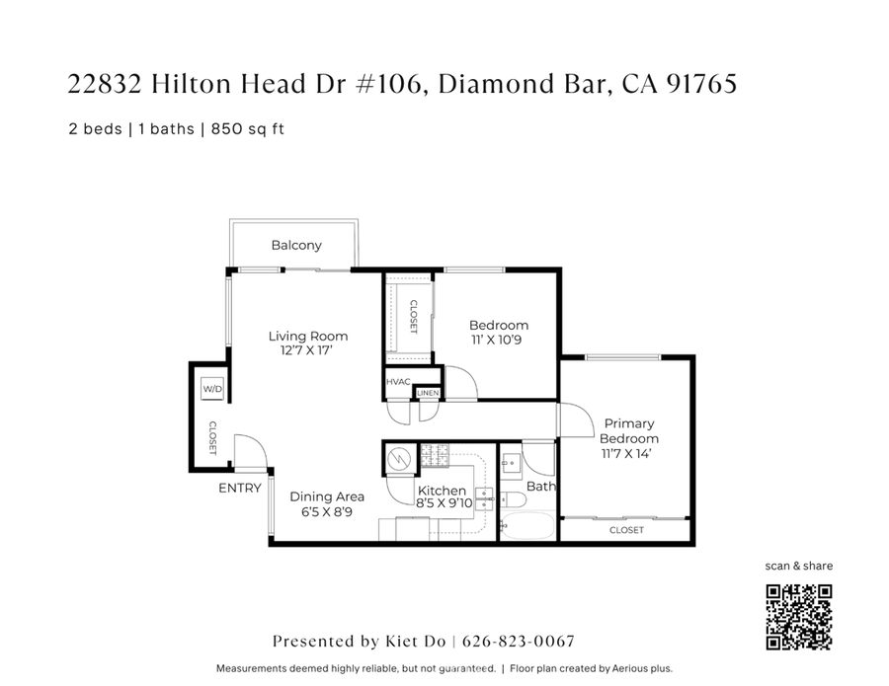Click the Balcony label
[296, 245]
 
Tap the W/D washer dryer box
[212, 390]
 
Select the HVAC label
[398, 382]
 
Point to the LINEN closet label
[427, 393]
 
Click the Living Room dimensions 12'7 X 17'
[308, 349]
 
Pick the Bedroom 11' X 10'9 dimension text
[499, 340]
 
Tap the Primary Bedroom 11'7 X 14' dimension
[629, 453]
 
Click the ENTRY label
[240, 488]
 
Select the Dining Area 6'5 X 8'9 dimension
[326, 511]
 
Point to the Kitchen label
[442, 491]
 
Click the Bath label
[540, 487]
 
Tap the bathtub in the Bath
[527, 524]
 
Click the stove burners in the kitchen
[435, 456]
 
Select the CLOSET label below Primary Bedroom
[626, 530]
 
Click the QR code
[799, 617]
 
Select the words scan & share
[799, 566]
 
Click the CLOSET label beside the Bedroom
[413, 317]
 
